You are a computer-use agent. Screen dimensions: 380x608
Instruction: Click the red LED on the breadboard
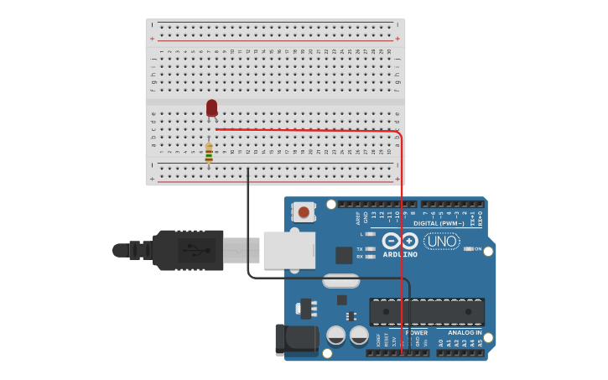[211, 107]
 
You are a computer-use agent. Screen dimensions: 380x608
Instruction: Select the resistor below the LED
[209, 153]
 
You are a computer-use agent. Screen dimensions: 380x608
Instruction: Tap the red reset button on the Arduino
[304, 212]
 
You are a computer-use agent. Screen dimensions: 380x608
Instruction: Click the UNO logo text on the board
[441, 242]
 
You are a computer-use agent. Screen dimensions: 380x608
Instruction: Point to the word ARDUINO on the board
[400, 254]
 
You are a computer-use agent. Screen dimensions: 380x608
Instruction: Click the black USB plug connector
[189, 250]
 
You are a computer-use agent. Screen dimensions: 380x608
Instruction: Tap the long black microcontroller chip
[427, 311]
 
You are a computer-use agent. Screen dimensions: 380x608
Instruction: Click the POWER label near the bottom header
[417, 333]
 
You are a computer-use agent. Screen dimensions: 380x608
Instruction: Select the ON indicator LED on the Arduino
[468, 249]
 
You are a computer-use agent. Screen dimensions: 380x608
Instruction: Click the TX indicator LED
[370, 249]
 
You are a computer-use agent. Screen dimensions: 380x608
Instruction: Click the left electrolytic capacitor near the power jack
[336, 336]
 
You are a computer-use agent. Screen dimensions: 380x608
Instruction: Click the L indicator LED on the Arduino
[370, 234]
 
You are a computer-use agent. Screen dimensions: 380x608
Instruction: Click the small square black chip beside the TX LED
[344, 255]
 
